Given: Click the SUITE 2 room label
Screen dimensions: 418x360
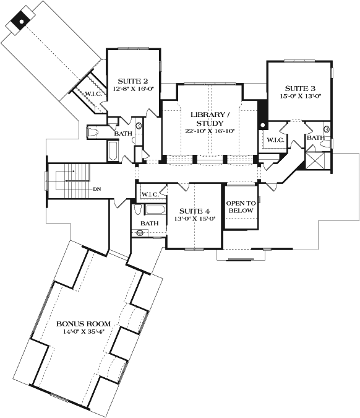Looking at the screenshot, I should tap(133, 81).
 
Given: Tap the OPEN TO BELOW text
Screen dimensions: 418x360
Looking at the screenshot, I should tap(241, 207).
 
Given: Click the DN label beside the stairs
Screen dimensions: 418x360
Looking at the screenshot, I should tap(96, 188).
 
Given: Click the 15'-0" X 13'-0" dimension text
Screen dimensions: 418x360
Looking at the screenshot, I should tap(299, 97).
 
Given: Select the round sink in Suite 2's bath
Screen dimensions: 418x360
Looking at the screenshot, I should tap(139, 126).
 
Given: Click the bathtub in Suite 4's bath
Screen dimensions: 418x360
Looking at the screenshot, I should tap(155, 210).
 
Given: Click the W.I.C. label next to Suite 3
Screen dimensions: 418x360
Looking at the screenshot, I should tap(275, 141).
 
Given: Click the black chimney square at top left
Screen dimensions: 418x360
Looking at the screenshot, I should tap(20, 20).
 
